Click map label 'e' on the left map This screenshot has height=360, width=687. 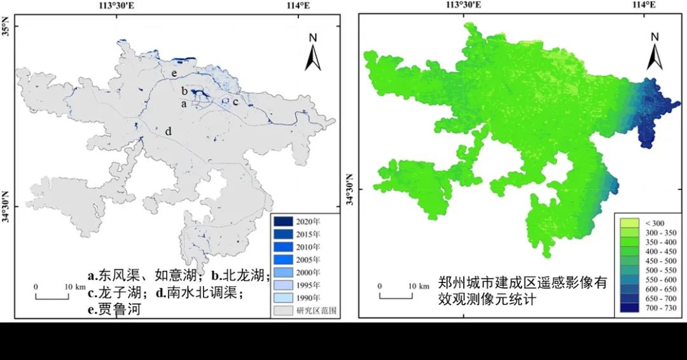coord(173,73)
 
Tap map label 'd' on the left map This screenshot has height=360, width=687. coord(169,132)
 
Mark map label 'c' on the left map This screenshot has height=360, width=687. coord(235,100)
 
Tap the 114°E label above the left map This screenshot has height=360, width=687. coord(298,6)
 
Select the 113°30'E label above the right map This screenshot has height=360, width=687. coord(463,6)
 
